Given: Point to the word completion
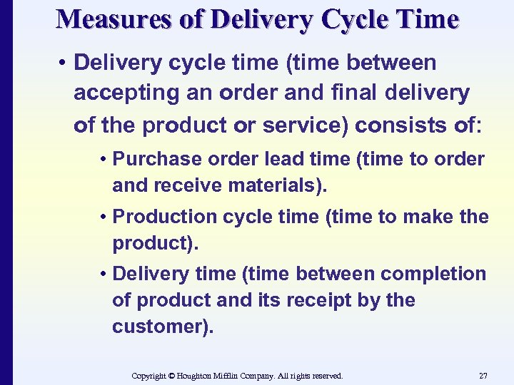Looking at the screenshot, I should coord(433,274).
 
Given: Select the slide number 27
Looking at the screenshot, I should coord(484,375).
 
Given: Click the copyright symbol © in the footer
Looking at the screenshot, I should coord(171,375).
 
